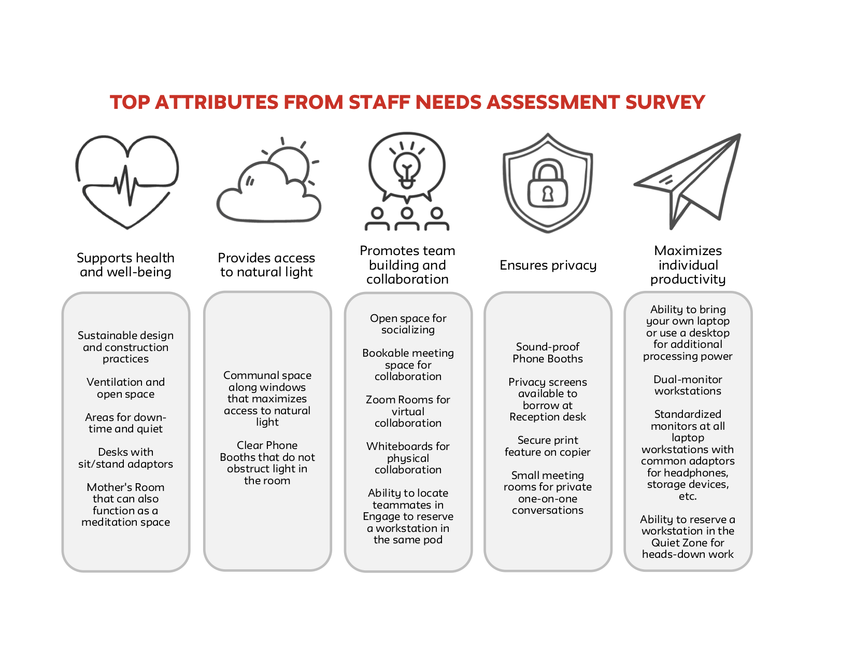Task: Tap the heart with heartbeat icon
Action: click(127, 181)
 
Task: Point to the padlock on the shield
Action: click(547, 184)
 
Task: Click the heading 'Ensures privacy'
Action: click(548, 265)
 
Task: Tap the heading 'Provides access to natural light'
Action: click(266, 265)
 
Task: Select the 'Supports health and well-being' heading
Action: click(125, 265)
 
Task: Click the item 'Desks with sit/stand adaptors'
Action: click(125, 458)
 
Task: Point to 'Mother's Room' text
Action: click(125, 487)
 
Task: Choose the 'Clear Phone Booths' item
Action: click(267, 462)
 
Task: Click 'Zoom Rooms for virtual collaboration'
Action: click(408, 411)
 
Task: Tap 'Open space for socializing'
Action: click(408, 324)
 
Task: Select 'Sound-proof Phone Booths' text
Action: click(548, 353)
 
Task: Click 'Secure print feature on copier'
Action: click(548, 446)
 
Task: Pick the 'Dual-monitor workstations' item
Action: click(688, 385)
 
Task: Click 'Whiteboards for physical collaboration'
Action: click(408, 458)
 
